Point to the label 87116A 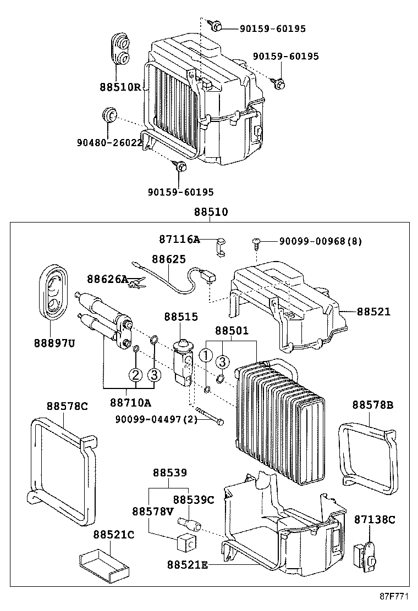[179, 239]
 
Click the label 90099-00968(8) [320, 241]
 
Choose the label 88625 [169, 259]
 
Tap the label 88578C [67, 406]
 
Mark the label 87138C [374, 519]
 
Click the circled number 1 [205, 356]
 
